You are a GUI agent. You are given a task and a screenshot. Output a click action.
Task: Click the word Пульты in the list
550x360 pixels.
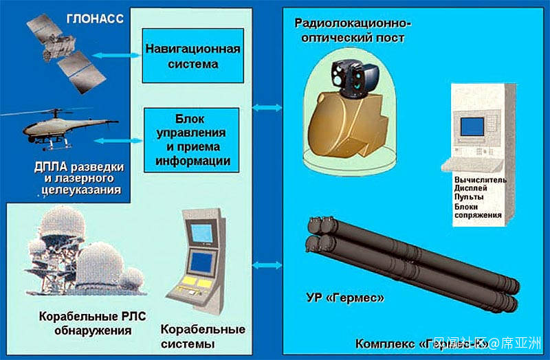coord(467,197)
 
